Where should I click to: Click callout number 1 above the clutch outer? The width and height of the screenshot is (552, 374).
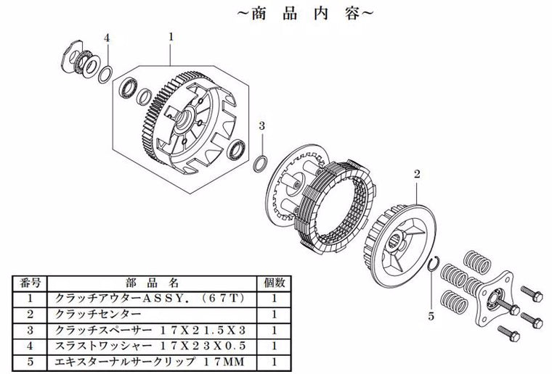click(x=171, y=37)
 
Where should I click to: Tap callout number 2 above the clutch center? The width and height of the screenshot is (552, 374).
click(x=417, y=174)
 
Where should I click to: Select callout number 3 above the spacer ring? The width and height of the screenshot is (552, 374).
click(x=261, y=125)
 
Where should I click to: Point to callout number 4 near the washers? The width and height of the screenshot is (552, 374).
click(x=107, y=38)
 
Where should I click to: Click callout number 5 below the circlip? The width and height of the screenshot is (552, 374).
click(x=431, y=317)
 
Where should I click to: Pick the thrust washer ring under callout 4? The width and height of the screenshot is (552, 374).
click(x=105, y=75)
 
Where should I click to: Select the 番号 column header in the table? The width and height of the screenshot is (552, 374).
click(x=30, y=283)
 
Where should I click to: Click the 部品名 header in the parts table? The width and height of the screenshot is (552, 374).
click(x=152, y=283)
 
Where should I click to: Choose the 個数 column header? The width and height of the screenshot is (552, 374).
click(x=274, y=283)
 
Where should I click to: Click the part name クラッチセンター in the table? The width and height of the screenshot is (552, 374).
click(x=97, y=314)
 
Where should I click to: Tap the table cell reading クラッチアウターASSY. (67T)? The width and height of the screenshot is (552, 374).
click(x=150, y=299)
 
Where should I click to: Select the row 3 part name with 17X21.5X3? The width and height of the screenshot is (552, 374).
click(x=150, y=330)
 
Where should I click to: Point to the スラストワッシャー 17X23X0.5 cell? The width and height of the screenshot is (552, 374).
click(x=150, y=346)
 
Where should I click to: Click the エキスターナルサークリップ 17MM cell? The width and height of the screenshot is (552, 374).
click(x=150, y=362)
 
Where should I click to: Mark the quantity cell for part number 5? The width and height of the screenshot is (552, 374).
click(x=274, y=362)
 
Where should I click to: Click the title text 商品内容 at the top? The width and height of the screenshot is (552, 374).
click(x=305, y=14)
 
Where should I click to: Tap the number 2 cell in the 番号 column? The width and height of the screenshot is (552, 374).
click(x=30, y=315)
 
